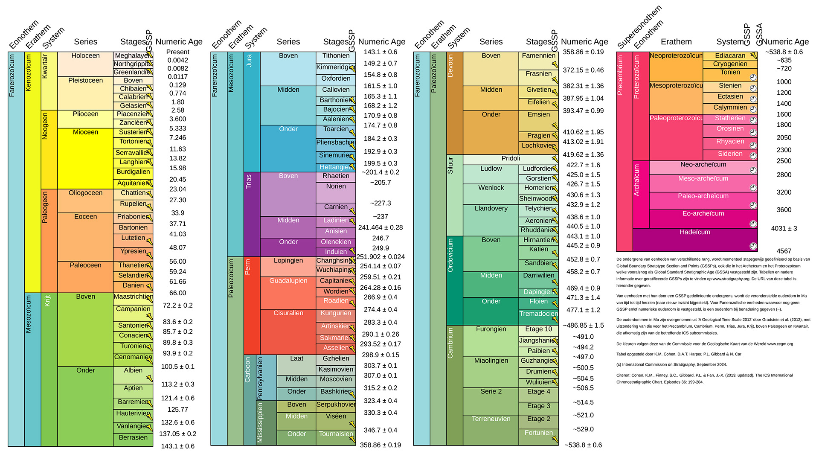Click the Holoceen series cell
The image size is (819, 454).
pos(85,64)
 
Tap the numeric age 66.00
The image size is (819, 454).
pos(177,293)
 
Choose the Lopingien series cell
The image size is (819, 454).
pos(288,266)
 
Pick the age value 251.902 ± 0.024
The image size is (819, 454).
pos(380,257)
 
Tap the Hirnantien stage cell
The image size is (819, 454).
pos(538,240)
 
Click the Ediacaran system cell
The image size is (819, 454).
pos(730,56)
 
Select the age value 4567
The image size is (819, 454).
pos(784,251)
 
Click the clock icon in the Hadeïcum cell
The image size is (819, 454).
pos(753,246)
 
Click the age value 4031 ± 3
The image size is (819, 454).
pos(784,229)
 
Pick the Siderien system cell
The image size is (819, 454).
pos(730,154)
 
